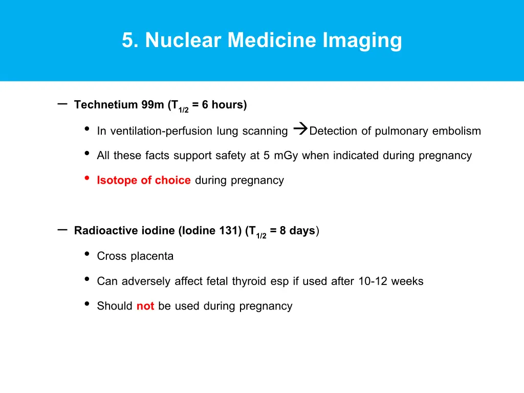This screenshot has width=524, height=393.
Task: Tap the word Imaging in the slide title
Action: pyautogui.click(x=362, y=40)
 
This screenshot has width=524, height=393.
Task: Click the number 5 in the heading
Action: pyautogui.click(x=127, y=40)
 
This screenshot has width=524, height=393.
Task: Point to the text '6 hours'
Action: pyautogui.click(x=224, y=105)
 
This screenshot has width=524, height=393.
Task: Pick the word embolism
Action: pyautogui.click(x=456, y=131)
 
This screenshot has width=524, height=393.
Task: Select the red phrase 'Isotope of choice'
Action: pyautogui.click(x=144, y=180)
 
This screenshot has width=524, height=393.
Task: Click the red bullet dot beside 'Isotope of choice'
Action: pyautogui.click(x=87, y=178)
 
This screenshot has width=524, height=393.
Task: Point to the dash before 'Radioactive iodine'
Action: pyautogui.click(x=63, y=230)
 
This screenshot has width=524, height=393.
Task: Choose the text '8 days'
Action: pyautogui.click(x=297, y=231)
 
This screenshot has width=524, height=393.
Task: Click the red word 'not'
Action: pyautogui.click(x=145, y=306)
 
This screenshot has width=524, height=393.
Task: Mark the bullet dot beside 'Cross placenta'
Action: pyautogui.click(x=87, y=254)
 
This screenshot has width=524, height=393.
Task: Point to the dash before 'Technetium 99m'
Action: pyautogui.click(x=63, y=104)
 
